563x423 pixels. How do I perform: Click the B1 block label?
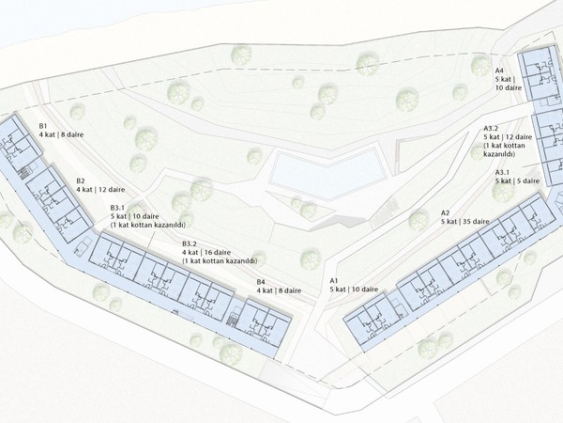point(43,126)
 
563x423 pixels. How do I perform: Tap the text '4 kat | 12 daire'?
point(100,190)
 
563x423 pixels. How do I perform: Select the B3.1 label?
point(117,208)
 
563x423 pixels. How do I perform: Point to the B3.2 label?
point(189,243)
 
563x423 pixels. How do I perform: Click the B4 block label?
point(261,282)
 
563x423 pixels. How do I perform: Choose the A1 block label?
point(335,280)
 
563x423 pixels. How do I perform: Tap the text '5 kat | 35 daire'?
point(465,222)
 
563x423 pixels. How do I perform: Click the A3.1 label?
point(502,172)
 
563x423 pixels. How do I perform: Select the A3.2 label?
point(491,129)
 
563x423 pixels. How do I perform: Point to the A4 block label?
point(500,70)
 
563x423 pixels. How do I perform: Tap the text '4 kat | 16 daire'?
point(206,253)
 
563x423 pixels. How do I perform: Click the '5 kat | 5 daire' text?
point(517,180)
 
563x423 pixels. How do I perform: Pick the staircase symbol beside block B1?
point(25,173)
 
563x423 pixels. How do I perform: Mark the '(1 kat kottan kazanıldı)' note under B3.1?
point(148,226)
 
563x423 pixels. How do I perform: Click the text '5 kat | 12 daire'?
point(508,137)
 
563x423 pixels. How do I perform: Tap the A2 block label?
point(445,213)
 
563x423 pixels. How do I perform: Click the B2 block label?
point(81,180)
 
